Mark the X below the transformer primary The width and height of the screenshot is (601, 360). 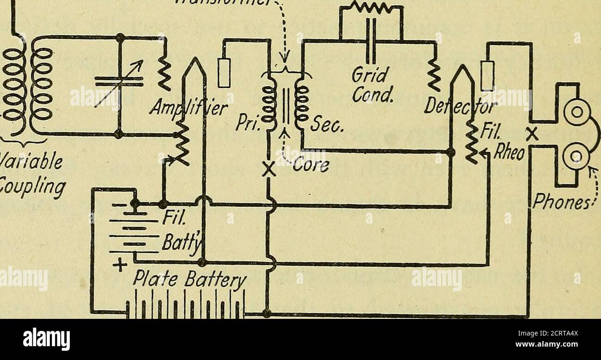267,171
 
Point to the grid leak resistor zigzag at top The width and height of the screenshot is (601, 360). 371,7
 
